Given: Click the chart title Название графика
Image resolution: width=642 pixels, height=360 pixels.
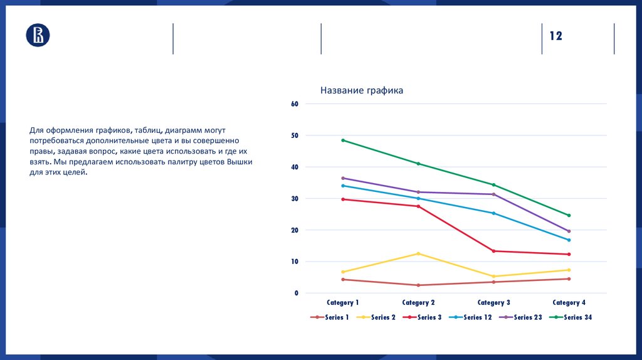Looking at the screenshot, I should point(362,91).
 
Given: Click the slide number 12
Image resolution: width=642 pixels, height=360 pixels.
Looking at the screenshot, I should point(556,36).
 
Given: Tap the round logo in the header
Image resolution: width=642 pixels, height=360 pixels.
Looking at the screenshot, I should point(38,35).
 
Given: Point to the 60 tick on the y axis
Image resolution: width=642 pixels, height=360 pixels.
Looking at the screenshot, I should point(294,104).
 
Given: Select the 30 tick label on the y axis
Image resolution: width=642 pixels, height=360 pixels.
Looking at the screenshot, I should point(294,199).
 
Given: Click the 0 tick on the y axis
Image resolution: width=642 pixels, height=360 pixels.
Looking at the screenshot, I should point(296,294).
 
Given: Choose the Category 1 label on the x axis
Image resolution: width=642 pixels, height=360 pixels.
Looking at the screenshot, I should point(343,303).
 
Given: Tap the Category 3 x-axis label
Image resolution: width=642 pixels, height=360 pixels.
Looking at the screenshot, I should point(493,303).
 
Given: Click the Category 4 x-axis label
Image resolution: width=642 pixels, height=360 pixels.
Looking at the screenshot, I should point(569,303).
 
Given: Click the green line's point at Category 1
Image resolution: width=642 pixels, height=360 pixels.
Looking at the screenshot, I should point(343,140).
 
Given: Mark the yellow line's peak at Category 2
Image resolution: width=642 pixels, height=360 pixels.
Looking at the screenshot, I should point(418,253).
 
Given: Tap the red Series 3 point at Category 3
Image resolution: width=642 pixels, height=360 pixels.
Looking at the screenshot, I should point(493,251).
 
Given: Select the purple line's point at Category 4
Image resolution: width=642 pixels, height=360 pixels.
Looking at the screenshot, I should point(569,231).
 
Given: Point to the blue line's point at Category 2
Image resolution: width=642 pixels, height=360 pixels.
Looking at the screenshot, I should point(418,198).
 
